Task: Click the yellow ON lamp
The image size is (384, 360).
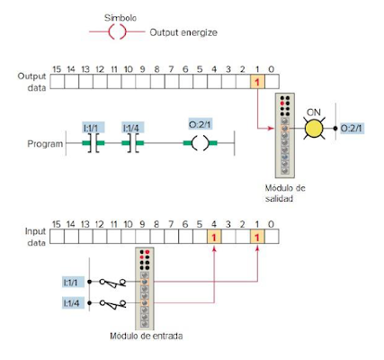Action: point(314,129)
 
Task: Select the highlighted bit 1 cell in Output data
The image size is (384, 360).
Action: point(257,82)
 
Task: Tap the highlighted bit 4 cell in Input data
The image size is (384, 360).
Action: point(214,237)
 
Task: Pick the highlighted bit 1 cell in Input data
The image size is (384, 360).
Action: point(257,237)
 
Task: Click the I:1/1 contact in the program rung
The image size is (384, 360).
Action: point(94,143)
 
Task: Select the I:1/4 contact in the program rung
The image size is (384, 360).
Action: point(133,143)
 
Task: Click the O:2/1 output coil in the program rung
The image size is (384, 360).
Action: point(200,143)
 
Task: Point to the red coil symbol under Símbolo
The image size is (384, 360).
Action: point(117,31)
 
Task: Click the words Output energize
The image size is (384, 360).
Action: point(183,32)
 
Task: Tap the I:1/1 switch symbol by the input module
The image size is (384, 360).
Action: point(112,283)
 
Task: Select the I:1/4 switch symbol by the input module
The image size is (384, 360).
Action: point(112,304)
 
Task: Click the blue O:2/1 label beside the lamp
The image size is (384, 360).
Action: point(352,129)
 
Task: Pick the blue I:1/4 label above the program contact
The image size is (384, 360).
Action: point(133,128)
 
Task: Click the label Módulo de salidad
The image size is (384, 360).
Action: point(285,193)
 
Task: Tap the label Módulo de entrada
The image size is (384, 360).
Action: point(147,336)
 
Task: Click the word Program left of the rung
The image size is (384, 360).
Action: point(45,144)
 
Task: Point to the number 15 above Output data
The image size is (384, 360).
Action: point(57,69)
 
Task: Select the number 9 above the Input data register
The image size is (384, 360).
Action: point(142,224)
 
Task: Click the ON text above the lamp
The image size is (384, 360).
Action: point(314,112)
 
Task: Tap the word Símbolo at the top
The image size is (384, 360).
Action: point(121,18)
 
